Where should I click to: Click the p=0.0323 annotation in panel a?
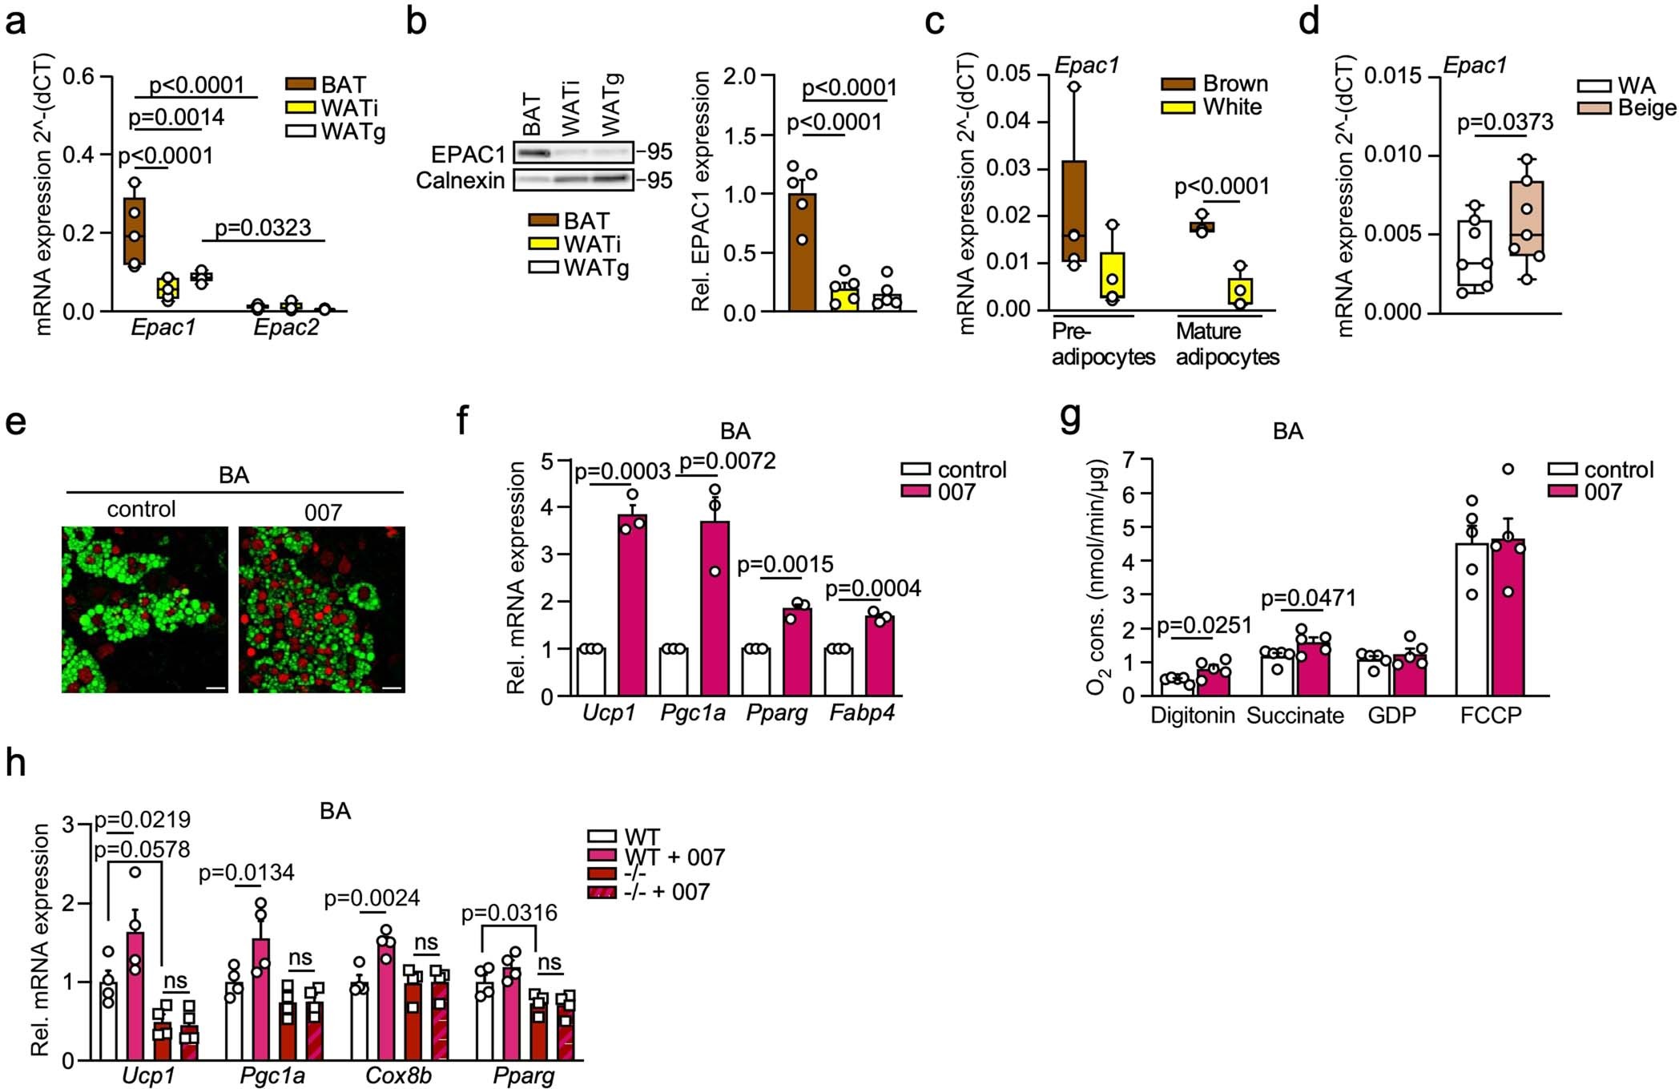[263, 228]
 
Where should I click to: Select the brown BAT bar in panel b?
[802, 252]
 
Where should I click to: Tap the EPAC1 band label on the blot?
[468, 154]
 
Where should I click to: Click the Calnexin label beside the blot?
[460, 180]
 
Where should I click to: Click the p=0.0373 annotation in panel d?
[1504, 122]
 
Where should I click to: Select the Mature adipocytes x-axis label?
[1226, 344]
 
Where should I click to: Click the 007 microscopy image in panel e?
[322, 610]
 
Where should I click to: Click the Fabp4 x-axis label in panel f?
[862, 712]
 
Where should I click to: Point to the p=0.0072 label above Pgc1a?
[727, 462]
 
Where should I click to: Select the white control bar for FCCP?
[1472, 619]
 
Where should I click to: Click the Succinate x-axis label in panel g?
[1294, 716]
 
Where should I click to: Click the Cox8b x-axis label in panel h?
[398, 1075]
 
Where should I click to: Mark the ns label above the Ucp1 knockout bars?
[175, 980]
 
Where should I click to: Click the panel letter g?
[1070, 417]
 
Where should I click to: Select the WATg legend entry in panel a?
[352, 131]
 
